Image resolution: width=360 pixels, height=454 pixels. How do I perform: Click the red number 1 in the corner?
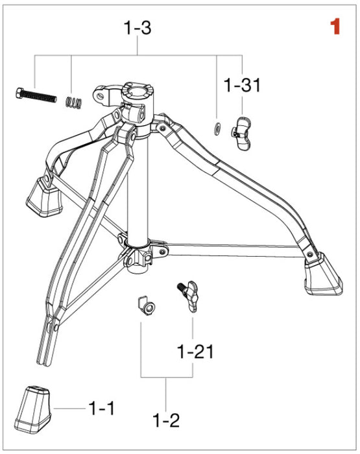click(x=335, y=27)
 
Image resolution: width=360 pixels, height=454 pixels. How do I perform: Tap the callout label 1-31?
click(x=242, y=85)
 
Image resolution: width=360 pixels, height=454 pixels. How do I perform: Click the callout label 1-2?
click(x=167, y=420)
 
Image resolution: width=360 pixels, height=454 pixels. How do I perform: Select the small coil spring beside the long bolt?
click(x=74, y=101)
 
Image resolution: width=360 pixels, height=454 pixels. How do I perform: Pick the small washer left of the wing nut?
click(x=218, y=127)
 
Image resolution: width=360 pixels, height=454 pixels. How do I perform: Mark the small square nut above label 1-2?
click(x=146, y=305)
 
